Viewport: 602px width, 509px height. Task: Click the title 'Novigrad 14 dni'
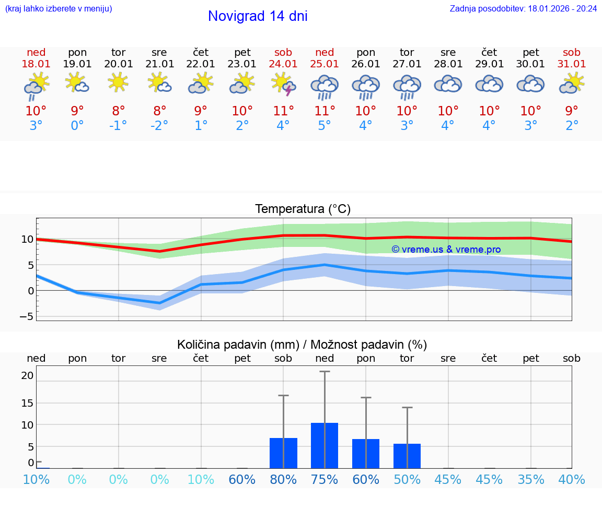[x=258, y=16]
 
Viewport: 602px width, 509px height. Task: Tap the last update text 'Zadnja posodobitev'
[x=523, y=8]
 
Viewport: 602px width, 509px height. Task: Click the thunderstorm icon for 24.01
[x=283, y=84]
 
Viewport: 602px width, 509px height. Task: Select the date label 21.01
[x=159, y=64]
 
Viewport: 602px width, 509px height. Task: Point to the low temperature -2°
[x=159, y=126]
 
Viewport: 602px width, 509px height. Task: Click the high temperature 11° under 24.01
[x=283, y=111]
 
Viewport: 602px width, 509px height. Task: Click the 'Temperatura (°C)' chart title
[x=303, y=209]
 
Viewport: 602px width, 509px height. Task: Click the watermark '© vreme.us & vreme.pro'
[x=446, y=250]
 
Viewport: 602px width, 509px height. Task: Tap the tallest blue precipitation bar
[x=325, y=445]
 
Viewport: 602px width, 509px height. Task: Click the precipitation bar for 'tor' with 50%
[x=407, y=456]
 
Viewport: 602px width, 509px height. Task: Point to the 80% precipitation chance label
[x=283, y=479]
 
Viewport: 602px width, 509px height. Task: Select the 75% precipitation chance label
[x=325, y=479]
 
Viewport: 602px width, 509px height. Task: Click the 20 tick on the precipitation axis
[x=27, y=375]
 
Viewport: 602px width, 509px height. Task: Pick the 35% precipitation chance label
[x=531, y=479]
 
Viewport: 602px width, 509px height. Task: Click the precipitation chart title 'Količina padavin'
[x=302, y=345]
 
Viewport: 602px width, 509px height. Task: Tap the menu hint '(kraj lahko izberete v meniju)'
[x=59, y=8]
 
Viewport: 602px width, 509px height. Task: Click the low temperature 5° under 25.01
[x=325, y=126]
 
